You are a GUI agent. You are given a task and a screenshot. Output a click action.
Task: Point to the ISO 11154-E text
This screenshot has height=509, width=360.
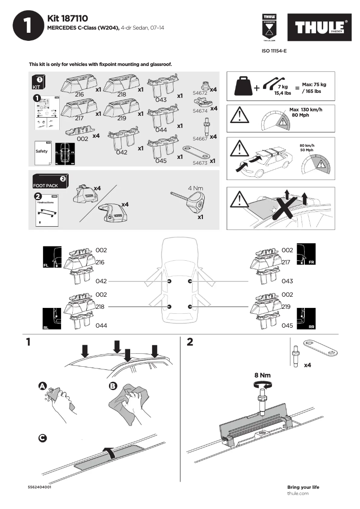pyautogui.click(x=274, y=51)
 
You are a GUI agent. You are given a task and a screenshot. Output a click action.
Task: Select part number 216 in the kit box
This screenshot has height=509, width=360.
pyautogui.click(x=79, y=95)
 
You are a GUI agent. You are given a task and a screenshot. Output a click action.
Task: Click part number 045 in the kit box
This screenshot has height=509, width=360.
pyautogui.click(x=161, y=161)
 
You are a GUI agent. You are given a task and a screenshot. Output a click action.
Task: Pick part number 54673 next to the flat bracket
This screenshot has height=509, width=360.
pyautogui.click(x=200, y=163)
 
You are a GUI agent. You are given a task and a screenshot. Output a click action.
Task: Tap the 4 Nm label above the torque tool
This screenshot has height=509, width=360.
pyautogui.click(x=196, y=188)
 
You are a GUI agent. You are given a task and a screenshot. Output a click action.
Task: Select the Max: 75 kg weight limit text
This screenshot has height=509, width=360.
pyautogui.click(x=314, y=84)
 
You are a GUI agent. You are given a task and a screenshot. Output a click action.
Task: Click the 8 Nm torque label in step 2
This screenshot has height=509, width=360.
pyautogui.click(x=263, y=375)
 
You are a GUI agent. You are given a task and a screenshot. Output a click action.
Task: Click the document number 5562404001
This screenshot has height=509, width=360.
pyautogui.click(x=40, y=487)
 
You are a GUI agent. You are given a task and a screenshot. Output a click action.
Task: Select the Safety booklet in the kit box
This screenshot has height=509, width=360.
pyautogui.click(x=42, y=152)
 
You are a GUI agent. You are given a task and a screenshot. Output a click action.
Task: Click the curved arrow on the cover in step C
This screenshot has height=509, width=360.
pyautogui.click(x=109, y=452)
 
